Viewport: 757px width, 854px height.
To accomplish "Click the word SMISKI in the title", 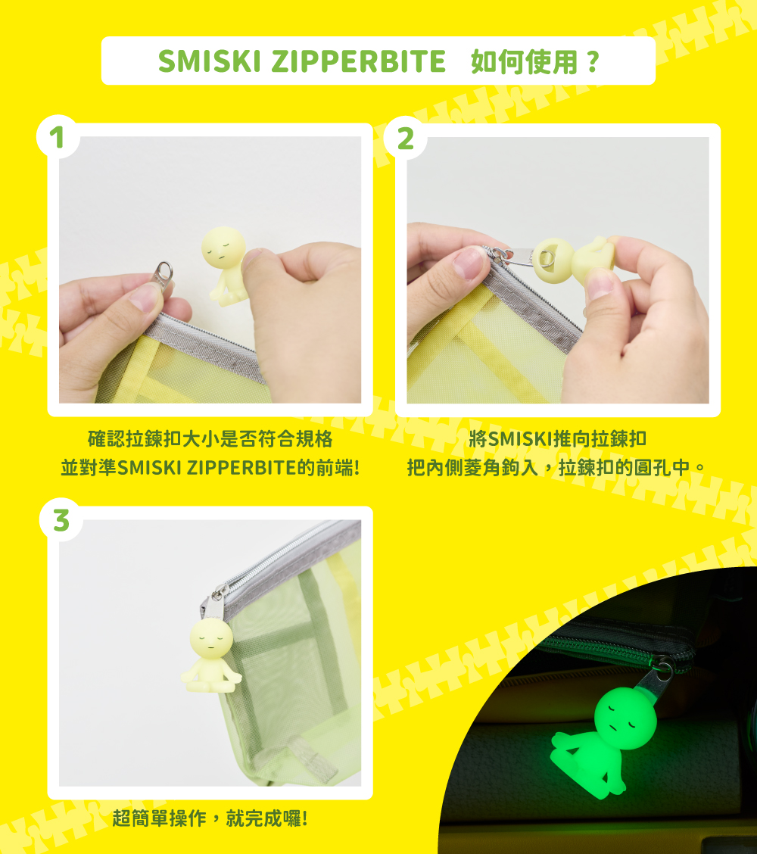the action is tap(210, 61).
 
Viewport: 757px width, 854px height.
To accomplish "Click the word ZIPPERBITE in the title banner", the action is tap(358, 61).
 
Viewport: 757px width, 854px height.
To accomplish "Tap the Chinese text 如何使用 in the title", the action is tap(524, 61).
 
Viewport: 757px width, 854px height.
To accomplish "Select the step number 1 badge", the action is tap(58, 137).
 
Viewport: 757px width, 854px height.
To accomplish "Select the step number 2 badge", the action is tap(405, 139).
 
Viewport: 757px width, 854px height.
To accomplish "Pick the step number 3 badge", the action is tap(61, 520).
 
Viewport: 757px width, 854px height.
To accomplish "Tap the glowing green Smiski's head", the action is tap(624, 719).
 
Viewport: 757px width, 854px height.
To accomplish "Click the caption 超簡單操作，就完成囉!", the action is tap(210, 818).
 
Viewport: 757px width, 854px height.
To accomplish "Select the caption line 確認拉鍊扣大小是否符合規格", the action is tap(210, 439).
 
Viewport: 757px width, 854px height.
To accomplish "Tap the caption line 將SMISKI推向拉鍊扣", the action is tap(558, 439).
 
